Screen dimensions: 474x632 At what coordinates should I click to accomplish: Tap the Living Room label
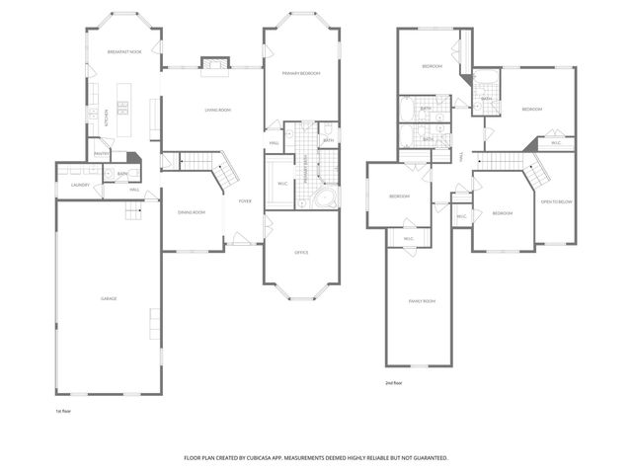coord(217,110)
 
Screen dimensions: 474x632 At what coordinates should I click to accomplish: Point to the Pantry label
coord(101,153)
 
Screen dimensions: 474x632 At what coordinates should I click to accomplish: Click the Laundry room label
coord(80,185)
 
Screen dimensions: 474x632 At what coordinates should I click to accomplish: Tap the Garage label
coord(109,297)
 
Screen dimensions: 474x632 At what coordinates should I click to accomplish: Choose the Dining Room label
coord(191,212)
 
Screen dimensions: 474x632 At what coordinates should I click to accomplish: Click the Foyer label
coord(245,200)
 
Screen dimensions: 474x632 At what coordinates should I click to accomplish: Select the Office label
coord(301,252)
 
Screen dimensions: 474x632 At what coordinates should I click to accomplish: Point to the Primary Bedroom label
coord(301,73)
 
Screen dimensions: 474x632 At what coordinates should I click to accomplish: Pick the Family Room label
coord(423,300)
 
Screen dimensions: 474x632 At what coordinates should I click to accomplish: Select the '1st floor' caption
coord(64,411)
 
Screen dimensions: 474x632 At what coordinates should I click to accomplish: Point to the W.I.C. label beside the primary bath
coord(282,183)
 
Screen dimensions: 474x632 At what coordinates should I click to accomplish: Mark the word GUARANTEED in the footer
coord(427,458)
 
